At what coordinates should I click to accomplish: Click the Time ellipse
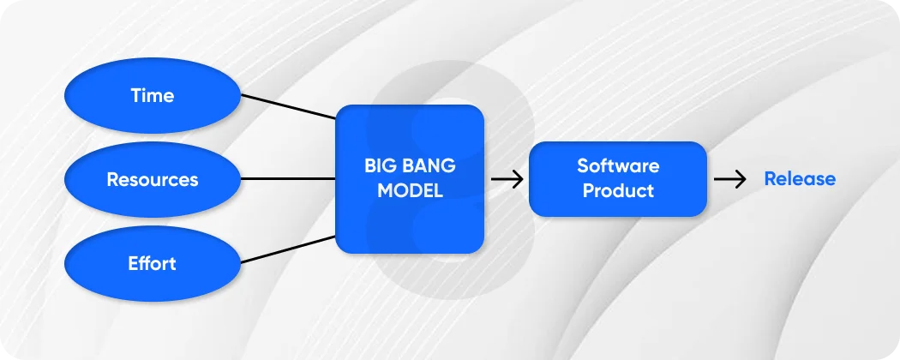click(x=153, y=95)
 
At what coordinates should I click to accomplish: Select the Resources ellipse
click(x=153, y=179)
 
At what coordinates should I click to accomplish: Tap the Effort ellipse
click(x=153, y=262)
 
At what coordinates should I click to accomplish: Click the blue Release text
click(x=800, y=179)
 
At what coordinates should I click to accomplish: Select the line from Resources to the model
click(x=288, y=179)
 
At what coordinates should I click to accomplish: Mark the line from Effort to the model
click(x=288, y=249)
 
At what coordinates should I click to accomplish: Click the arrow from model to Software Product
click(x=507, y=179)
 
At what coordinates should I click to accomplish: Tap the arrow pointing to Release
click(x=729, y=179)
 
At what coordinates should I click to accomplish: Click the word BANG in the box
click(x=427, y=166)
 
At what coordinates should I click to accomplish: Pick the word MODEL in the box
click(x=410, y=191)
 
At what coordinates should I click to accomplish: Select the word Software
click(x=618, y=165)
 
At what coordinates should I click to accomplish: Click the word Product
click(x=618, y=190)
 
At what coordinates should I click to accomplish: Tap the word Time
click(x=153, y=95)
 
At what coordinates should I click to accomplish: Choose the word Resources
click(x=153, y=179)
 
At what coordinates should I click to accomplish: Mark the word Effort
click(x=153, y=262)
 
